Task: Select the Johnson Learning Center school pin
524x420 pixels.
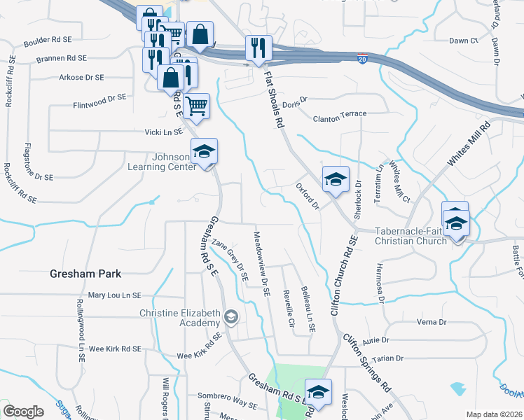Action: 205,153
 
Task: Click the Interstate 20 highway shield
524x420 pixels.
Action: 362,58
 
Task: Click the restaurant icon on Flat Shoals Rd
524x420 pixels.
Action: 258,48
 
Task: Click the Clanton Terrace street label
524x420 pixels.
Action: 340,113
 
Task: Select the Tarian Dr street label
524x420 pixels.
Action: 389,358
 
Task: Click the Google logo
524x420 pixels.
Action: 24,412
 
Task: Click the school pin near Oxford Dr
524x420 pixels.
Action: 335,179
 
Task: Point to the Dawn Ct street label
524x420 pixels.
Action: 463,41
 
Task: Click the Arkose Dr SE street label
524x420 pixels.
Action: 83,77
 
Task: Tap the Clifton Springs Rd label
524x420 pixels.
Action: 366,361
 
